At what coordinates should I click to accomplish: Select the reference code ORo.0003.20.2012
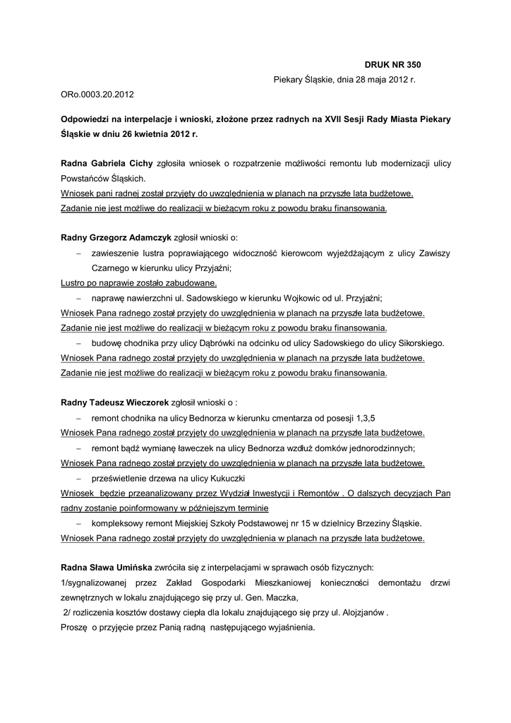coord(97,93)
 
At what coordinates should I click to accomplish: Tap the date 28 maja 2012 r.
coord(380,80)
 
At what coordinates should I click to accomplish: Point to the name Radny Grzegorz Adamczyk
coord(116,238)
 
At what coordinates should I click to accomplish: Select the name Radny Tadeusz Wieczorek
coord(114,402)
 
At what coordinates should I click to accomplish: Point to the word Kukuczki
coord(210,478)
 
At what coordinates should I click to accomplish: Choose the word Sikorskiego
coord(419,343)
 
